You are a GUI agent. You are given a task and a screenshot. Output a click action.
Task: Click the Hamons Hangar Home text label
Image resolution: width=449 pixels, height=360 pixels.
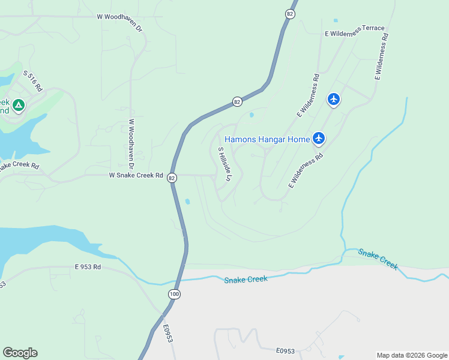point(267,139)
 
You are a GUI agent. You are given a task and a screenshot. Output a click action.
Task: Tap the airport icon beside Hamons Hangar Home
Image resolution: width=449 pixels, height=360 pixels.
point(319,139)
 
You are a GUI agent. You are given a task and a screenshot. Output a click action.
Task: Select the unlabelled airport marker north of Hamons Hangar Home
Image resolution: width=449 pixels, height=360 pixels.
point(334,98)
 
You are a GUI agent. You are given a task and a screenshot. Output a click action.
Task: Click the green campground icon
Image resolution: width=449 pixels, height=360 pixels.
point(19,106)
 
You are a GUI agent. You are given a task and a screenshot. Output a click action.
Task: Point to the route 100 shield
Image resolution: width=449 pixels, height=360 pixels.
point(174,294)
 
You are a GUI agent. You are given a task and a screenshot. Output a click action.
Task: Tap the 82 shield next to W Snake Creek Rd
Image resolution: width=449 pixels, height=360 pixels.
point(172,178)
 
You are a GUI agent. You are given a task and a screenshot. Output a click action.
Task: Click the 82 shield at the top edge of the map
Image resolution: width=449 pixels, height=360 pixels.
point(291,14)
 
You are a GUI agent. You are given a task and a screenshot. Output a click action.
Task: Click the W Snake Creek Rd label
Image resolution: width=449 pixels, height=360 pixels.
point(136,175)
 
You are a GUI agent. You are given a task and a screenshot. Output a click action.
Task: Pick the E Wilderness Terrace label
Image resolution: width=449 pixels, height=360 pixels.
point(354,31)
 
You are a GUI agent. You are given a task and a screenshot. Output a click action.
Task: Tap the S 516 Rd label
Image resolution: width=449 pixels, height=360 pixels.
point(34,81)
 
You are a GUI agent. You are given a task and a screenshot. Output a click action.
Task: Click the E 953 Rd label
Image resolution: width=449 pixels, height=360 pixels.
point(88,266)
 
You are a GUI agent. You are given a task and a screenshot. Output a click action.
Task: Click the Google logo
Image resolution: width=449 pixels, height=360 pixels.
point(20,353)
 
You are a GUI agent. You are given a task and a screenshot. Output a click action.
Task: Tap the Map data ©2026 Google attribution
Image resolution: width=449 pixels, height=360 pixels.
point(412,355)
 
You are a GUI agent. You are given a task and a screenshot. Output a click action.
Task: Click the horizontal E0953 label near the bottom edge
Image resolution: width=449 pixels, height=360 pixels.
point(286,351)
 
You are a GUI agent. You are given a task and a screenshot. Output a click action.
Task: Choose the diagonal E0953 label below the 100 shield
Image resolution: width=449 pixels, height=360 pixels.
point(167,334)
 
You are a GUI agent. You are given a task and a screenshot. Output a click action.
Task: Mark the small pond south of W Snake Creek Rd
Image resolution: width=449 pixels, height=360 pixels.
point(187,202)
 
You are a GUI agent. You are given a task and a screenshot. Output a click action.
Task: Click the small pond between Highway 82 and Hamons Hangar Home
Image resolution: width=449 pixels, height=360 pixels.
point(251,115)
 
